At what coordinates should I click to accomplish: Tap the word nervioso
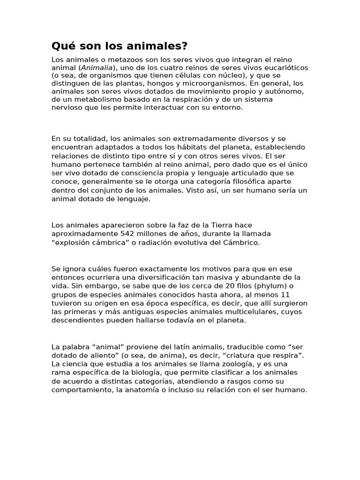coord(66,107)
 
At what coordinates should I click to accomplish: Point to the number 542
coord(129,233)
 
